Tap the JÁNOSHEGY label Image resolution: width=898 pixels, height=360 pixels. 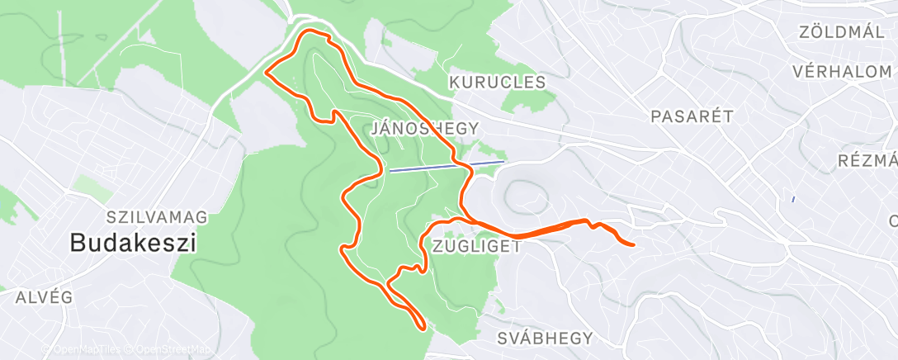point(425,128)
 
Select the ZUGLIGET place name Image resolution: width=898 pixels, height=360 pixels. point(475,246)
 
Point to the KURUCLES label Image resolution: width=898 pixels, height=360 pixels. point(498,83)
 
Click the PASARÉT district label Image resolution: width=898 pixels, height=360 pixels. point(692,116)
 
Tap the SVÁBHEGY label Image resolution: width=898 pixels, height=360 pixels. point(546,338)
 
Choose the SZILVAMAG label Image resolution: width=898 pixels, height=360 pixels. point(157,217)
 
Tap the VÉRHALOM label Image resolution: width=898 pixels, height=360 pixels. point(842,72)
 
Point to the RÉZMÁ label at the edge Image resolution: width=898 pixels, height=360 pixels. point(867,160)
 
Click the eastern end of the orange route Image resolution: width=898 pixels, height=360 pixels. point(631,244)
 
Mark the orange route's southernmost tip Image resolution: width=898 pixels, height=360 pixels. point(423,328)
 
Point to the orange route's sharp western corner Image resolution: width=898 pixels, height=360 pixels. point(266,72)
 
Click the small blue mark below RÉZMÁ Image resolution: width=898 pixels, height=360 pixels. point(792,199)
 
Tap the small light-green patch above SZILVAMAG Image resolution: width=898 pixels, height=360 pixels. point(92,187)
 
